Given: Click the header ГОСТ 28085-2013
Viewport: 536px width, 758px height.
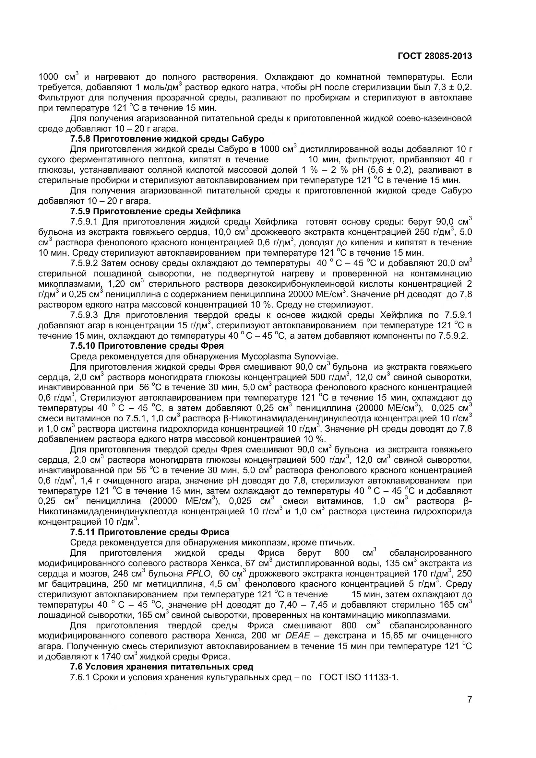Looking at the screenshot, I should (435, 56).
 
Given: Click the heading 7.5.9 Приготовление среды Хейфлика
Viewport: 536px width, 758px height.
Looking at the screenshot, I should (155, 211).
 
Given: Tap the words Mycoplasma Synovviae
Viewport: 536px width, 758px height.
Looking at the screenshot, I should (290, 356).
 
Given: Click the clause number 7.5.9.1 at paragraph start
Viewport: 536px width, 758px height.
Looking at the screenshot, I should (84, 222).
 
